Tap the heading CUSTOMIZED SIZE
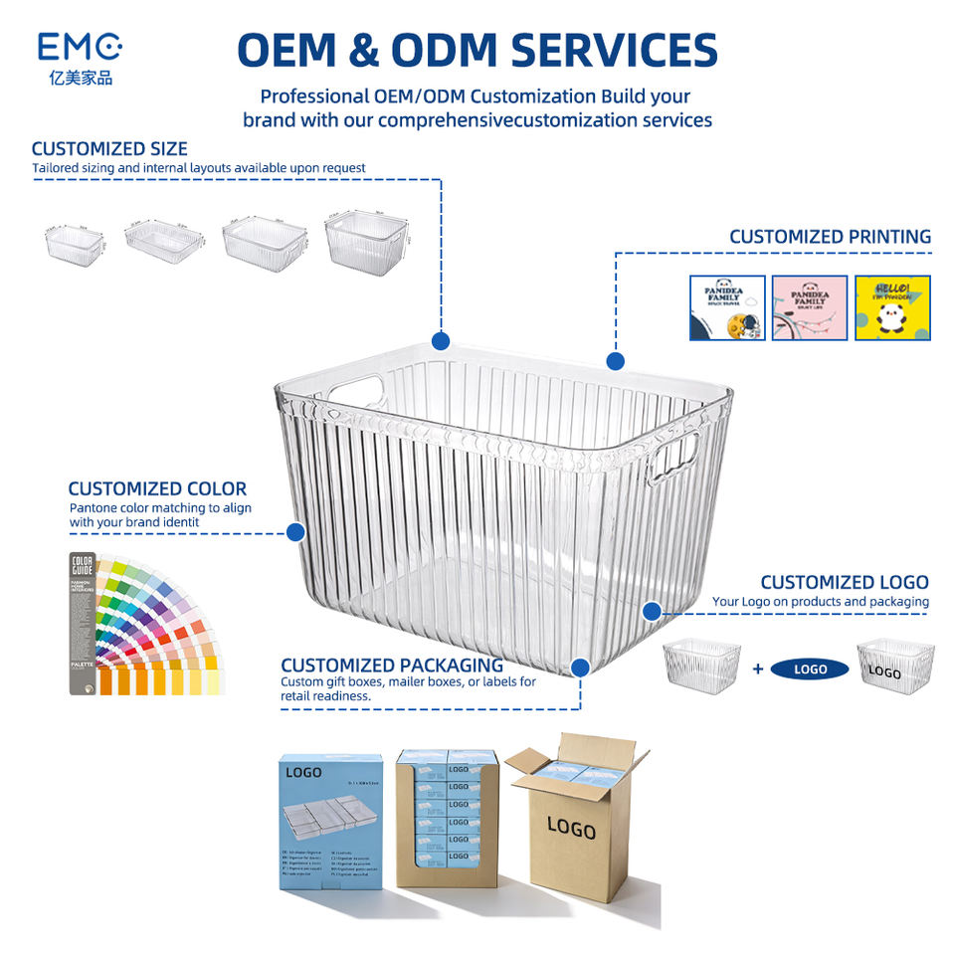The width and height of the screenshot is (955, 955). [109, 149]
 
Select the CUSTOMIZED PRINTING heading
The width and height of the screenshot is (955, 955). [830, 237]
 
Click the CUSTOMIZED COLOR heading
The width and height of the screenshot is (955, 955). [157, 488]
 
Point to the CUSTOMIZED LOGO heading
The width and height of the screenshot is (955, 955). [844, 582]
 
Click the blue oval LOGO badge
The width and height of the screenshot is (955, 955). [810, 669]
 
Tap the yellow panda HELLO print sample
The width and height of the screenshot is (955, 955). [892, 307]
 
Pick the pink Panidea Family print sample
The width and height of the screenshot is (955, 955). [810, 307]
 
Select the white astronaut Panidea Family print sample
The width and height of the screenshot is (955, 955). [727, 307]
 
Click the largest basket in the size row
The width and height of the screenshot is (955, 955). [365, 239]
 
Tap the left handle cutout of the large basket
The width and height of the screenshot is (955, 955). [356, 389]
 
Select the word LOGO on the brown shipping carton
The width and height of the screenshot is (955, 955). [570, 828]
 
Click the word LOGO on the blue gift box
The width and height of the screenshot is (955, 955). [302, 771]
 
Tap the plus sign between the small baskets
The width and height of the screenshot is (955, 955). [757, 669]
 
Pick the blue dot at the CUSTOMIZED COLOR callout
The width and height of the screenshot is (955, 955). [294, 532]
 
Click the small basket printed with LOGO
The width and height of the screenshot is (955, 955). [894, 667]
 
